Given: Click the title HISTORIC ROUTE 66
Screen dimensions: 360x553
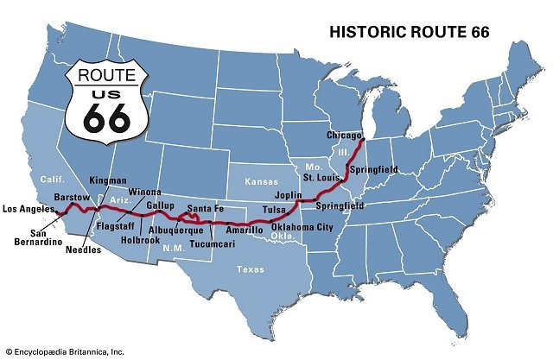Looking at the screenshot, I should (409, 33).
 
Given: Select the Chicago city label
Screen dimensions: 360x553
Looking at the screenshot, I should (344, 136).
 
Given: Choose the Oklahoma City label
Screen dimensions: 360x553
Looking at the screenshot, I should (302, 227).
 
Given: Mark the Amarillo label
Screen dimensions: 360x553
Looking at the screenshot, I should (245, 231).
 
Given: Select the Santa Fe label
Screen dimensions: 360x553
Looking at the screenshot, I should (207, 208).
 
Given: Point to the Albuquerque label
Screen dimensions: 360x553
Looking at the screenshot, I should (175, 230).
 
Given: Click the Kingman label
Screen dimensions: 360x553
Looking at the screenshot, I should (107, 180).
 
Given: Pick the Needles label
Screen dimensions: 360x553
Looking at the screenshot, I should (84, 249).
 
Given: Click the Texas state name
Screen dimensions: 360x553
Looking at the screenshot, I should (251, 269).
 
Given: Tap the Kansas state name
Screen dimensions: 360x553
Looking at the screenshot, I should (260, 183).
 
